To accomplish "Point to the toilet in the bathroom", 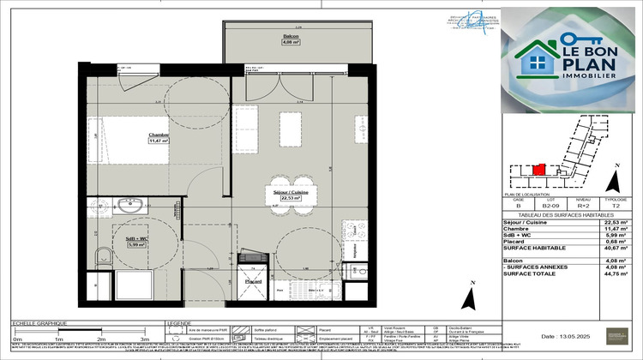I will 103,255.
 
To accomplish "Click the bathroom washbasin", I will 129,205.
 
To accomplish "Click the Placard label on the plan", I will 253,281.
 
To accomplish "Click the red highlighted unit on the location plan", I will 538,171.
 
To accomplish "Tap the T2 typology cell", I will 615,207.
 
